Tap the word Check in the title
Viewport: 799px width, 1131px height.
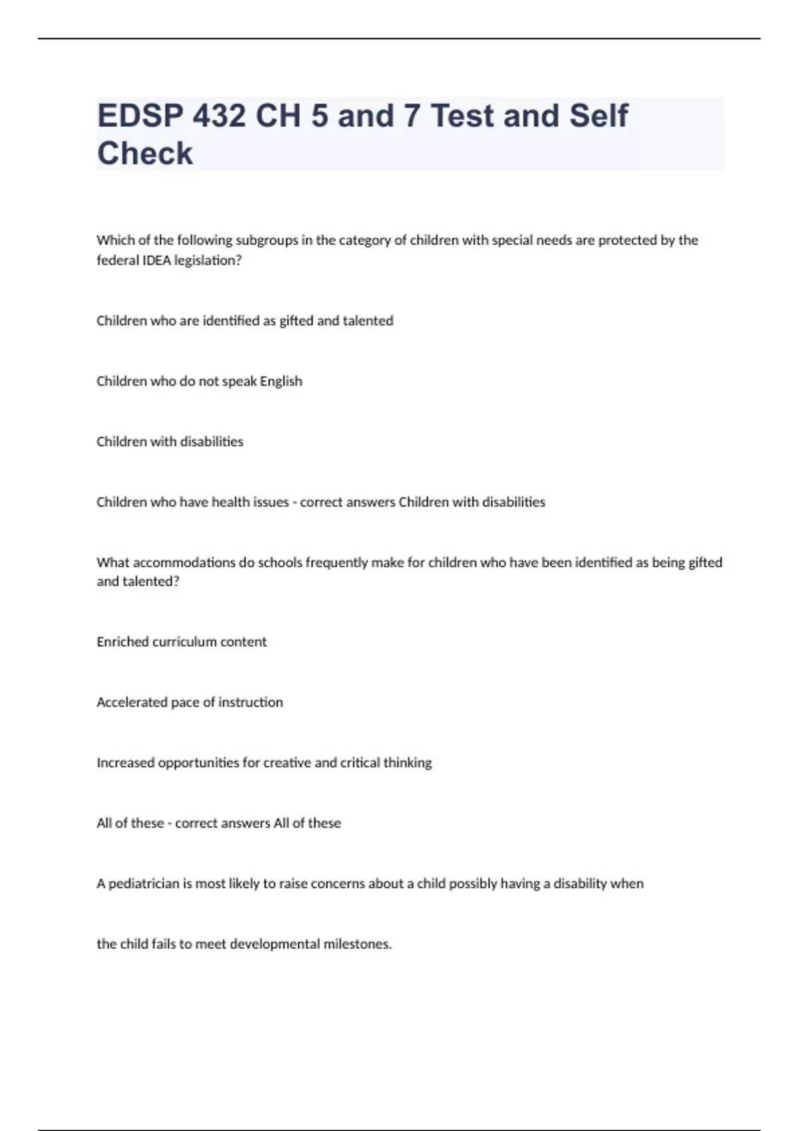coord(145,154)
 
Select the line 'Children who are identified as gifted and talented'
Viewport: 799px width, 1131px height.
coord(244,321)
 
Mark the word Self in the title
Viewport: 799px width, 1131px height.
coord(598,116)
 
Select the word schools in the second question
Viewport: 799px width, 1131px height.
coord(279,563)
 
